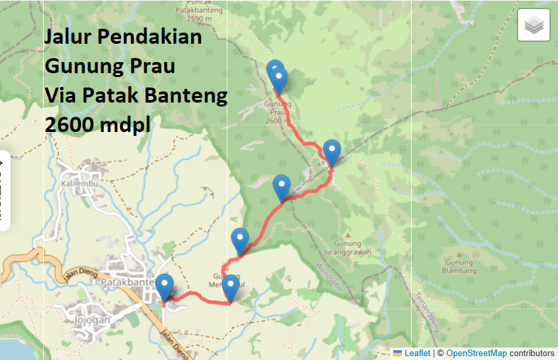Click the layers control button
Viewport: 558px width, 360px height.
pos(533,25)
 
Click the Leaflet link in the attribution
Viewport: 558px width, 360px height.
pos(417,353)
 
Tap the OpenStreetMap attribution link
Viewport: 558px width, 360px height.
pos(476,353)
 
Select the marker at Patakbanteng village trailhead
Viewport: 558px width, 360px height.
pos(165,289)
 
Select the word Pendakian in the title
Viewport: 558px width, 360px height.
pos(150,37)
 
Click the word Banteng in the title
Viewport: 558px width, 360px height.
pos(193,95)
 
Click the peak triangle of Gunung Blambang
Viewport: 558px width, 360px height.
pos(461,255)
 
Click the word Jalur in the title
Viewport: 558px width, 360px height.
pos(69,37)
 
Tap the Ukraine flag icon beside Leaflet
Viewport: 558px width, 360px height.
pos(397,353)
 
